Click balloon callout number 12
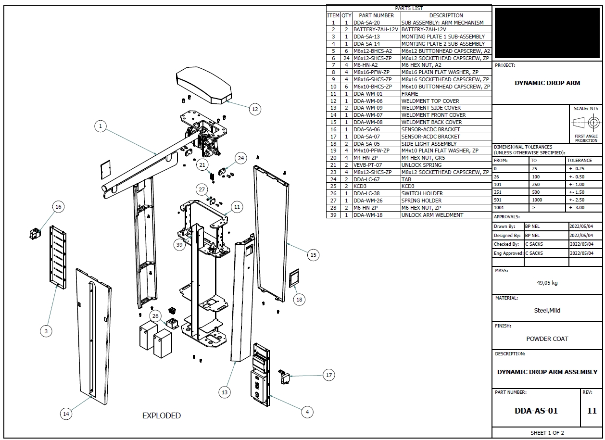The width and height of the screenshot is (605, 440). [255, 109]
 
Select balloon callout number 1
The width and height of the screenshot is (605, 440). [101, 126]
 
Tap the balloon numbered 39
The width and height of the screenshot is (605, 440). [180, 244]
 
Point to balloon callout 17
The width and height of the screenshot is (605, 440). [328, 375]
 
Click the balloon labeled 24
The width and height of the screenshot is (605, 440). [240, 158]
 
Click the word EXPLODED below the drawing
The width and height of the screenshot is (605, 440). [162, 415]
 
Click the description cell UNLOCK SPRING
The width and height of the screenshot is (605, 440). [421, 165]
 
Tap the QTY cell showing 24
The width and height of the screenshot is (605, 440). [346, 58]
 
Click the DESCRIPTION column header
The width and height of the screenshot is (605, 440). [446, 15]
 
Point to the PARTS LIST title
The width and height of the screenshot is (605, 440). [409, 8]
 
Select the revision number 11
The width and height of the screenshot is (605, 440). [592, 411]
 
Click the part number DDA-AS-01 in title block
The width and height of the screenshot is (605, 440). [536, 411]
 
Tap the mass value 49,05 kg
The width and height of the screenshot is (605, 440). [547, 283]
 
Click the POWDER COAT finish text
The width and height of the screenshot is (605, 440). [547, 339]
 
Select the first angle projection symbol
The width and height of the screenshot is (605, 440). [586, 123]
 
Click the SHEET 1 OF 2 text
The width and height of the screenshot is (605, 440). [547, 433]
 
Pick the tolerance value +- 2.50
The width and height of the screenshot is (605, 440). [577, 200]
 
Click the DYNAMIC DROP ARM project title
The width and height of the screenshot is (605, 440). [547, 83]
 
